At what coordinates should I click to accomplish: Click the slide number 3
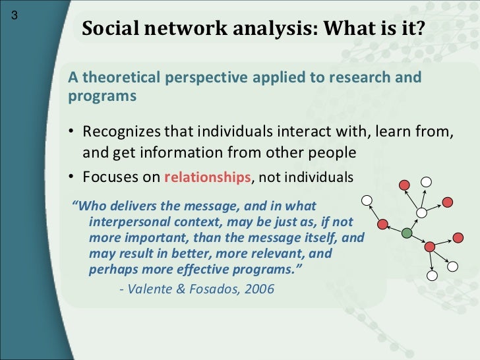[13, 18]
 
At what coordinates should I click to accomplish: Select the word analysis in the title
[252, 29]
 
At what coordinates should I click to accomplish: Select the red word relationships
[207, 177]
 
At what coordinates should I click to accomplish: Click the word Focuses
[108, 177]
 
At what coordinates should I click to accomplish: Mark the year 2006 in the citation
[258, 288]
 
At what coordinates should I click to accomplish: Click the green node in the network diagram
[407, 233]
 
